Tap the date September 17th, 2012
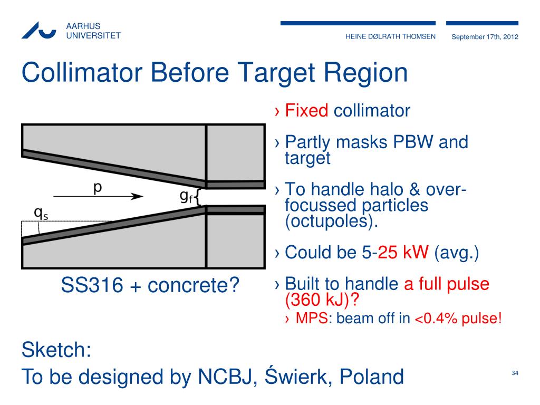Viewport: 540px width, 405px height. tap(485, 36)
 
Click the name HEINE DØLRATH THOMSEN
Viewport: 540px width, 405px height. tap(390, 36)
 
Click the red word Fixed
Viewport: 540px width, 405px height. tap(306, 111)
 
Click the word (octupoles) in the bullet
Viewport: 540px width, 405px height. tap(332, 221)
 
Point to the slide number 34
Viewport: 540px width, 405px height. tap(515, 373)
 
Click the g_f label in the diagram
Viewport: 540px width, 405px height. tap(186, 196)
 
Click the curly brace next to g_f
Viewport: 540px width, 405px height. tap(197, 197)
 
